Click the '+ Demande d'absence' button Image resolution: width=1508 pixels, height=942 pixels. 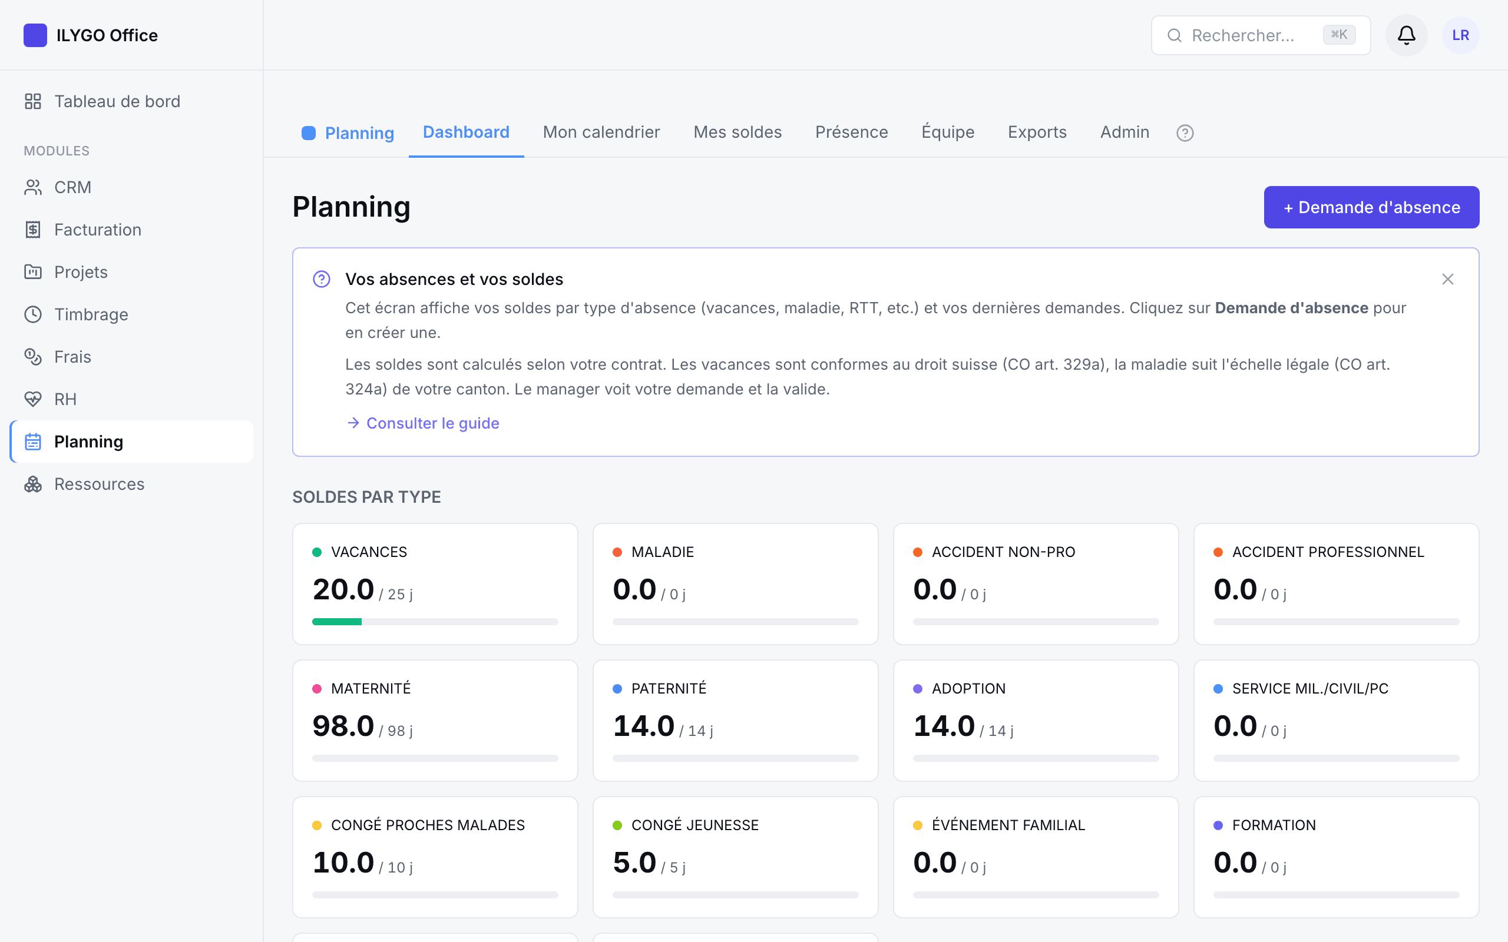point(1371,207)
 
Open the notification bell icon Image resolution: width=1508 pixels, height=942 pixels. point(1406,35)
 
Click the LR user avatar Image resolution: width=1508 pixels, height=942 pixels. point(1460,35)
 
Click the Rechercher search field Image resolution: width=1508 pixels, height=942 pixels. point(1260,35)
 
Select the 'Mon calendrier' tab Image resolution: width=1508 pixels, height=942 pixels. point(601,132)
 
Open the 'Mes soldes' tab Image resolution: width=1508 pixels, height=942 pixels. point(737,132)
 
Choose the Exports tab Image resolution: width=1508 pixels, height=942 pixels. point(1037,132)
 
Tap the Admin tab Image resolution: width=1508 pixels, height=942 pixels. point(1124,132)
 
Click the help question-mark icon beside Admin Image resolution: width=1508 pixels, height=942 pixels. point(1185,132)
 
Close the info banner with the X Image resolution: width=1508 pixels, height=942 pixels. point(1447,279)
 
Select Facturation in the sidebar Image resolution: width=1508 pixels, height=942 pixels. point(97,230)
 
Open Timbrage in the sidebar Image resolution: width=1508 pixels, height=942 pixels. point(91,314)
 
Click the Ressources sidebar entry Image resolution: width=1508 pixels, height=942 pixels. point(99,484)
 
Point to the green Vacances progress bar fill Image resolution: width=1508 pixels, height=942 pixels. point(336,622)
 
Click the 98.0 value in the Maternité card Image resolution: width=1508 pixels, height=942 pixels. point(343,726)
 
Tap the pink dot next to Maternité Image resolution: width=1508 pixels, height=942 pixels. point(316,688)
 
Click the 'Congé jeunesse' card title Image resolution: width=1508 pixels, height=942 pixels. point(695,825)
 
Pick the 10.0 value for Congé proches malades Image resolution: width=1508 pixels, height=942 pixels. point(343,863)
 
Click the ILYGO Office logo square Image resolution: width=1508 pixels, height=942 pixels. point(35,35)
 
